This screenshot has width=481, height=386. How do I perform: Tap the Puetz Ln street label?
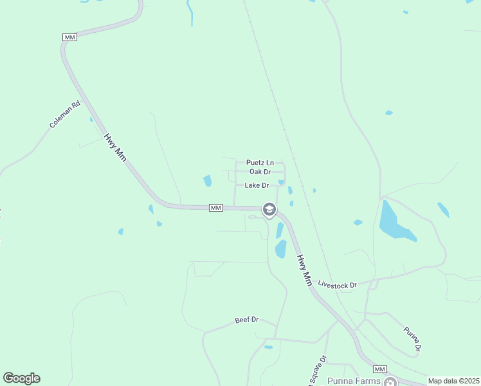[x=260, y=163]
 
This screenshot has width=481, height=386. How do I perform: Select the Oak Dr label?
[x=259, y=172]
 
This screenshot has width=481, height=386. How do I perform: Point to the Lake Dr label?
[x=256, y=185]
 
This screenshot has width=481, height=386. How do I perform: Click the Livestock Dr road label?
[x=337, y=285]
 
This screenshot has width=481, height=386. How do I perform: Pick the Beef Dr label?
[x=246, y=320]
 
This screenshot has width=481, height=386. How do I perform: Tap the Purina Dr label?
[x=412, y=339]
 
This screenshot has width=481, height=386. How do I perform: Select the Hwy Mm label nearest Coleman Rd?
[x=116, y=147]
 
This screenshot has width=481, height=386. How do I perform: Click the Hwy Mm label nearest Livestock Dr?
[x=304, y=270]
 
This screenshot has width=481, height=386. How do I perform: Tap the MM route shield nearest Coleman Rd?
[x=70, y=38]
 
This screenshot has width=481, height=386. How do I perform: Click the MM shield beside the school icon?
[x=216, y=208]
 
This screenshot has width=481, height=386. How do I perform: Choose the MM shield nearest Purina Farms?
[x=379, y=369]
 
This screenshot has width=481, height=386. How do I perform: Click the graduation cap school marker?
[x=269, y=209]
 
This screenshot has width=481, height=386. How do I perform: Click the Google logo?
[x=21, y=378]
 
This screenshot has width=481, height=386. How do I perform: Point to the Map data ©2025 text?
[x=453, y=381]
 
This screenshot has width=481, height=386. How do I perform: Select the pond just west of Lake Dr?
[x=208, y=181]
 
